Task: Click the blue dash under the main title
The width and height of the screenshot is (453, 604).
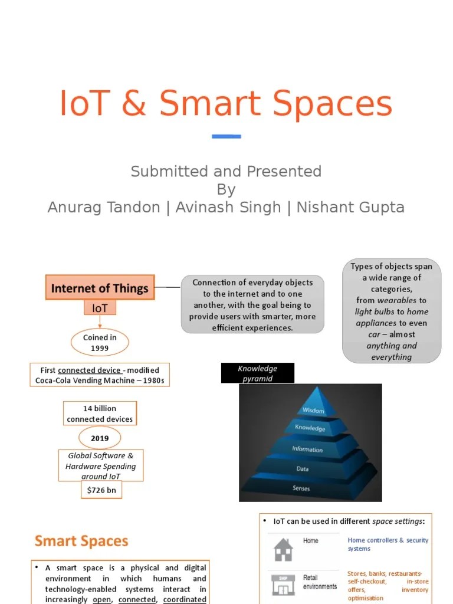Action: point(226,136)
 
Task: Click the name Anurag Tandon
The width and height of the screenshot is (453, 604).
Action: point(104,208)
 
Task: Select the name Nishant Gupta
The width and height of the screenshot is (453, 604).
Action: point(350,208)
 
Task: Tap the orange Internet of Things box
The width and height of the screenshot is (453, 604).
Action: point(100,288)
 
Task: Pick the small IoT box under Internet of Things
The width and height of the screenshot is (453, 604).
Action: point(100,308)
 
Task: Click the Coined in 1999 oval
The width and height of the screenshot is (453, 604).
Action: point(100,343)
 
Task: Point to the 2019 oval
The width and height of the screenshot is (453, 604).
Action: point(100,438)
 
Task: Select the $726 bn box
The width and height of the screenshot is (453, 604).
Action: point(101,490)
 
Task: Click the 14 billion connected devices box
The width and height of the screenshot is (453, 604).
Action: point(100,413)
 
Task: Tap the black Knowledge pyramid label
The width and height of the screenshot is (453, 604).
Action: point(257,373)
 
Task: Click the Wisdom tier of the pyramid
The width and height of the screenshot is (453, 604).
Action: point(313,410)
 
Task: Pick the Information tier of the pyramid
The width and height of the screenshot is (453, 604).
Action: point(307,449)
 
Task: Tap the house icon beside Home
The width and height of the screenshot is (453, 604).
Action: point(283,549)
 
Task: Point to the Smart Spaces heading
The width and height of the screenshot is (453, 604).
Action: point(81,541)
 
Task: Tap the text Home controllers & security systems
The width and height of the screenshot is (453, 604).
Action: point(388,544)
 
